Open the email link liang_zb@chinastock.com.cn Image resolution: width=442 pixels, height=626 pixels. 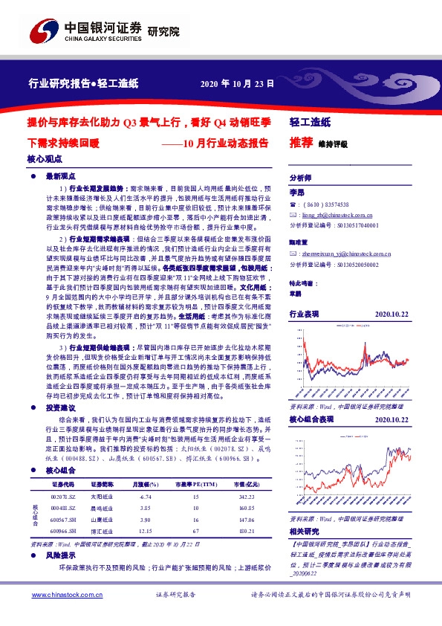pyautogui.click(x=340, y=213)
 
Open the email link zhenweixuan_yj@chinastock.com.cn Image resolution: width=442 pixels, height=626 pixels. pyautogui.click(x=349, y=254)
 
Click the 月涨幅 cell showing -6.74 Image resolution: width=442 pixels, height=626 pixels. pyautogui.click(x=146, y=495)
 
